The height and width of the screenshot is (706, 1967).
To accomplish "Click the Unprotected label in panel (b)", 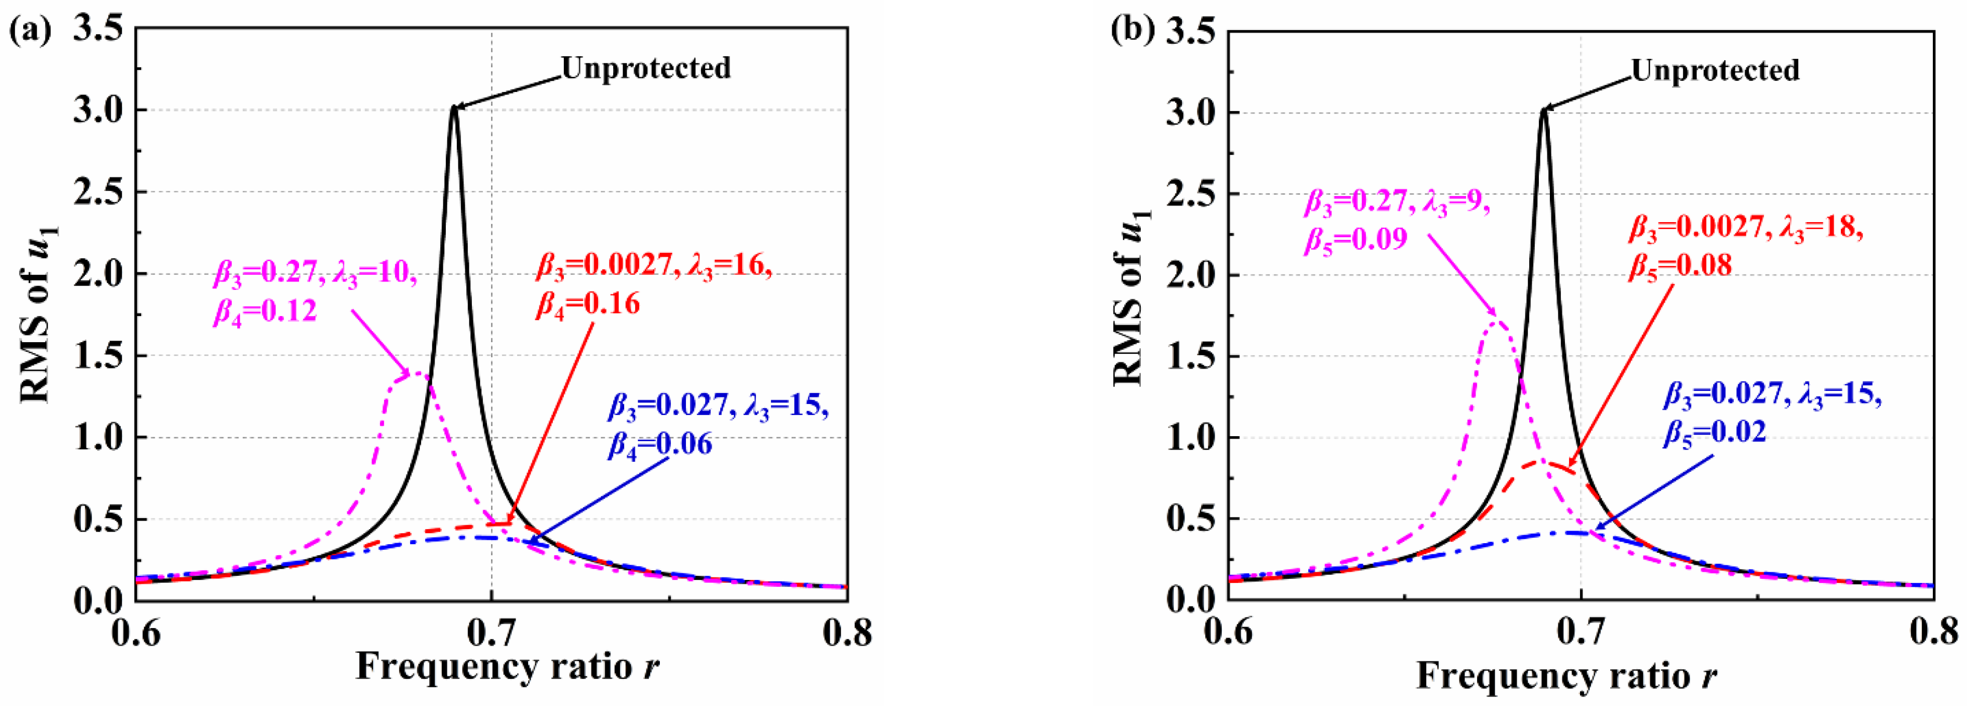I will [1715, 70].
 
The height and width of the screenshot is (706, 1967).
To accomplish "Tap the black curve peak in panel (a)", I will [454, 107].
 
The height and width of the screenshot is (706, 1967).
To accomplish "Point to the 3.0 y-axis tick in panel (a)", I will [97, 111].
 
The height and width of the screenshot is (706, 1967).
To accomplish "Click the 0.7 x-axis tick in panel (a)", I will [491, 632].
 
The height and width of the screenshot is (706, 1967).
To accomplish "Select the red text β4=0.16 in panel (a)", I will [587, 305].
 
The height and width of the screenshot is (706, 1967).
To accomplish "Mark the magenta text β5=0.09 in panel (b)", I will [1355, 240].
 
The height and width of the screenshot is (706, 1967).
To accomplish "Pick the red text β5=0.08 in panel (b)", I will [1680, 265].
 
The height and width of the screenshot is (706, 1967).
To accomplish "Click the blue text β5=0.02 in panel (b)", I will [1714, 433].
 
